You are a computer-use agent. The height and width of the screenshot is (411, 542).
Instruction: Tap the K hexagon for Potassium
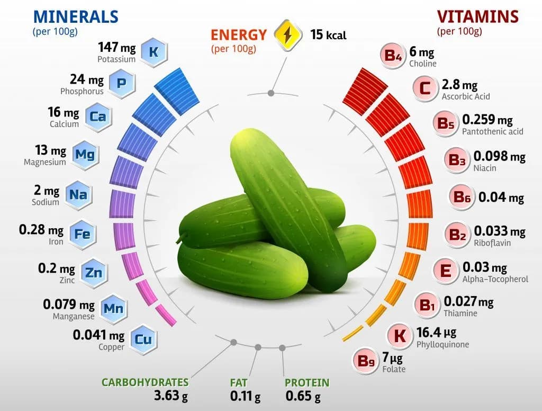point(153,52)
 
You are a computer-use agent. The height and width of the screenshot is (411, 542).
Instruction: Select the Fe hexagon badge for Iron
point(82,234)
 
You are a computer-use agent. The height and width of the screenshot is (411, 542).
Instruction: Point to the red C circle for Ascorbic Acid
point(425,88)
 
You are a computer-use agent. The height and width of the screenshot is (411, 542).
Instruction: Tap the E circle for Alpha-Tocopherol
point(446,271)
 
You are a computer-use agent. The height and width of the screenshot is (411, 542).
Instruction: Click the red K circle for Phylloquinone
point(400,336)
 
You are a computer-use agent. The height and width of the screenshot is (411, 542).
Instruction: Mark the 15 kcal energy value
point(328,35)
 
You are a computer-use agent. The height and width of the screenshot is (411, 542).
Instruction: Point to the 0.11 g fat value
point(245,395)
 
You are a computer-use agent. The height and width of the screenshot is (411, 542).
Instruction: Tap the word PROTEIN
point(307,382)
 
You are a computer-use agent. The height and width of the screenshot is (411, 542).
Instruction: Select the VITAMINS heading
point(477,16)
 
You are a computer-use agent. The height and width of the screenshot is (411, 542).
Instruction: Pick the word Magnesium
point(45,162)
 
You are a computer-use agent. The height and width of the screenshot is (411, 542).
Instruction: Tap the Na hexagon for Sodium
point(78,194)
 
